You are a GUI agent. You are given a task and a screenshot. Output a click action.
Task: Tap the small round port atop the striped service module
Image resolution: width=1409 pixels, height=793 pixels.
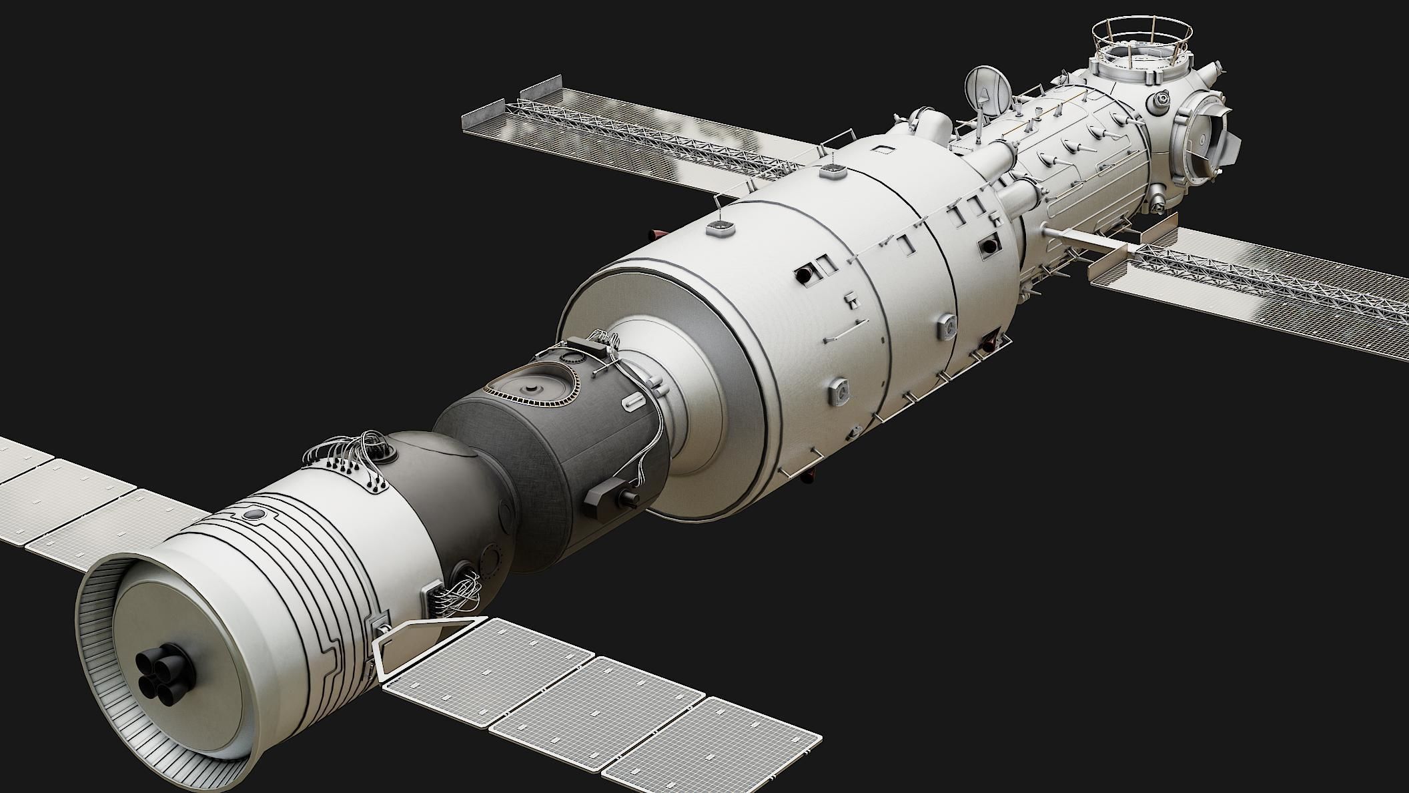coord(254,515)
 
